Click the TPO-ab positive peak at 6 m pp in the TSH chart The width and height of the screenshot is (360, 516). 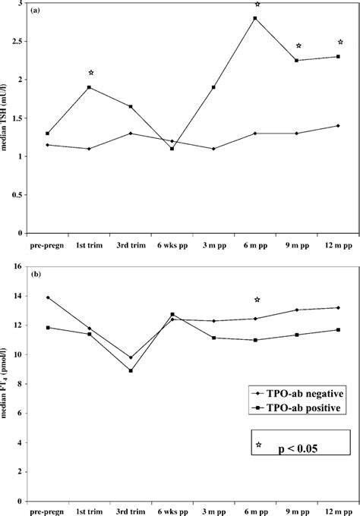(255, 18)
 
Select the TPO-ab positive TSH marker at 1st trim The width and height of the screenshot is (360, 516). (90, 87)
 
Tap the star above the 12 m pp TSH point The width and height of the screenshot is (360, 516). (340, 42)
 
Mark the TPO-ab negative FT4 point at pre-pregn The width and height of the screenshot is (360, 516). (48, 297)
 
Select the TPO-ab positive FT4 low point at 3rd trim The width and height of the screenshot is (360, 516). (131, 370)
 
